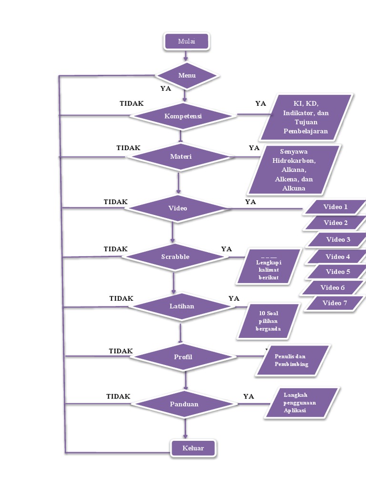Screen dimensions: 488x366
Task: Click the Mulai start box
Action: [x=186, y=41]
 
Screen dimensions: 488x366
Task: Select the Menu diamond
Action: [x=187, y=75]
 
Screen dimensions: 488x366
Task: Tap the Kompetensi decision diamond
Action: [x=183, y=116]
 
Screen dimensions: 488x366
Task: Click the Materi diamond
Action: [x=181, y=156]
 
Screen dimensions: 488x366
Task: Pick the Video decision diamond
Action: [x=178, y=208]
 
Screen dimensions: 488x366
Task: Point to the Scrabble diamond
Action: [x=175, y=257]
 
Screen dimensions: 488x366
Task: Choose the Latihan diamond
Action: [x=182, y=306]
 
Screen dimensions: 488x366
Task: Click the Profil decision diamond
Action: [x=183, y=357]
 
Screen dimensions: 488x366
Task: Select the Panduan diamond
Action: [x=184, y=404]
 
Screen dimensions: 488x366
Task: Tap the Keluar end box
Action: [x=193, y=448]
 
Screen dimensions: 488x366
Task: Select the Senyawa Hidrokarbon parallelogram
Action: [x=294, y=170]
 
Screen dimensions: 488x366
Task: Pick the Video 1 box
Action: [x=335, y=207]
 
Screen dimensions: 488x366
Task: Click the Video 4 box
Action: [x=337, y=257]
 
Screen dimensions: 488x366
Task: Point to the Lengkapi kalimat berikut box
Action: [x=268, y=266]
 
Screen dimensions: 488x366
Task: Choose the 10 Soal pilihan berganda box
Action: [x=268, y=321]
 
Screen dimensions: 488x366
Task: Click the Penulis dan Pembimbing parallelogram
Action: [x=292, y=360]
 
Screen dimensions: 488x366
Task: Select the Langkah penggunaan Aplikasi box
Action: [x=302, y=403]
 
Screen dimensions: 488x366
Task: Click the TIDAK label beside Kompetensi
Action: [x=132, y=103]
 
